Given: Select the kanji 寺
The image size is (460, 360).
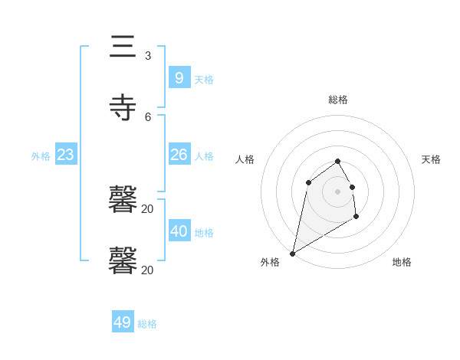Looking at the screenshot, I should pyautogui.click(x=123, y=107).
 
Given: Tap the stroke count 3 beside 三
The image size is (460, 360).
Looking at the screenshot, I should pyautogui.click(x=147, y=56).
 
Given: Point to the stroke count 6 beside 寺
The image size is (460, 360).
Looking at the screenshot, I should pyautogui.click(x=147, y=116).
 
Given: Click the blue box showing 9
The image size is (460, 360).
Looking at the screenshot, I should pyautogui.click(x=179, y=77).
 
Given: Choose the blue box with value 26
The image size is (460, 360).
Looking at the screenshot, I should pyautogui.click(x=179, y=155).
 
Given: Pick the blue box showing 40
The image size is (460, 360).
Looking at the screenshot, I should pyautogui.click(x=179, y=231).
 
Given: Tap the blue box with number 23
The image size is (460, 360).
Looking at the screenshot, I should pyautogui.click(x=66, y=155).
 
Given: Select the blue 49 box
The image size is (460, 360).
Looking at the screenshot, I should pyautogui.click(x=122, y=322).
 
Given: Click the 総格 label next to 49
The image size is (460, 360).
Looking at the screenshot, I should pyautogui.click(x=147, y=324).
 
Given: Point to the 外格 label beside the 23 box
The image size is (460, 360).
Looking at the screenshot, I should pyautogui.click(x=41, y=156).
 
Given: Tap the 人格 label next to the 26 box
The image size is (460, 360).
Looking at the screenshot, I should pyautogui.click(x=204, y=156).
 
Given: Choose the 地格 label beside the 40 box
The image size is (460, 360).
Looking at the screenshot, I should pyautogui.click(x=204, y=233).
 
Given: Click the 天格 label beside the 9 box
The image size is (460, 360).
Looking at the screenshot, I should pyautogui.click(x=204, y=79).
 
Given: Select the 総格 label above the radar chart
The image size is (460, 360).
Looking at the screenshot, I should pyautogui.click(x=338, y=100).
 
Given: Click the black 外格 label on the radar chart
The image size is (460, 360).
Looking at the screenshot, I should pyautogui.click(x=270, y=262).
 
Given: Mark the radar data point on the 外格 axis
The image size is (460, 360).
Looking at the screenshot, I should pyautogui.click(x=292, y=253).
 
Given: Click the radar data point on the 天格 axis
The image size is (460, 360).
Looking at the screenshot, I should pyautogui.click(x=352, y=187).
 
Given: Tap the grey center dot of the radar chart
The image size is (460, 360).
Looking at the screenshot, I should pyautogui.click(x=337, y=191).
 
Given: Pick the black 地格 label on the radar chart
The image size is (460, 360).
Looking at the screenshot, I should pyautogui.click(x=402, y=262).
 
